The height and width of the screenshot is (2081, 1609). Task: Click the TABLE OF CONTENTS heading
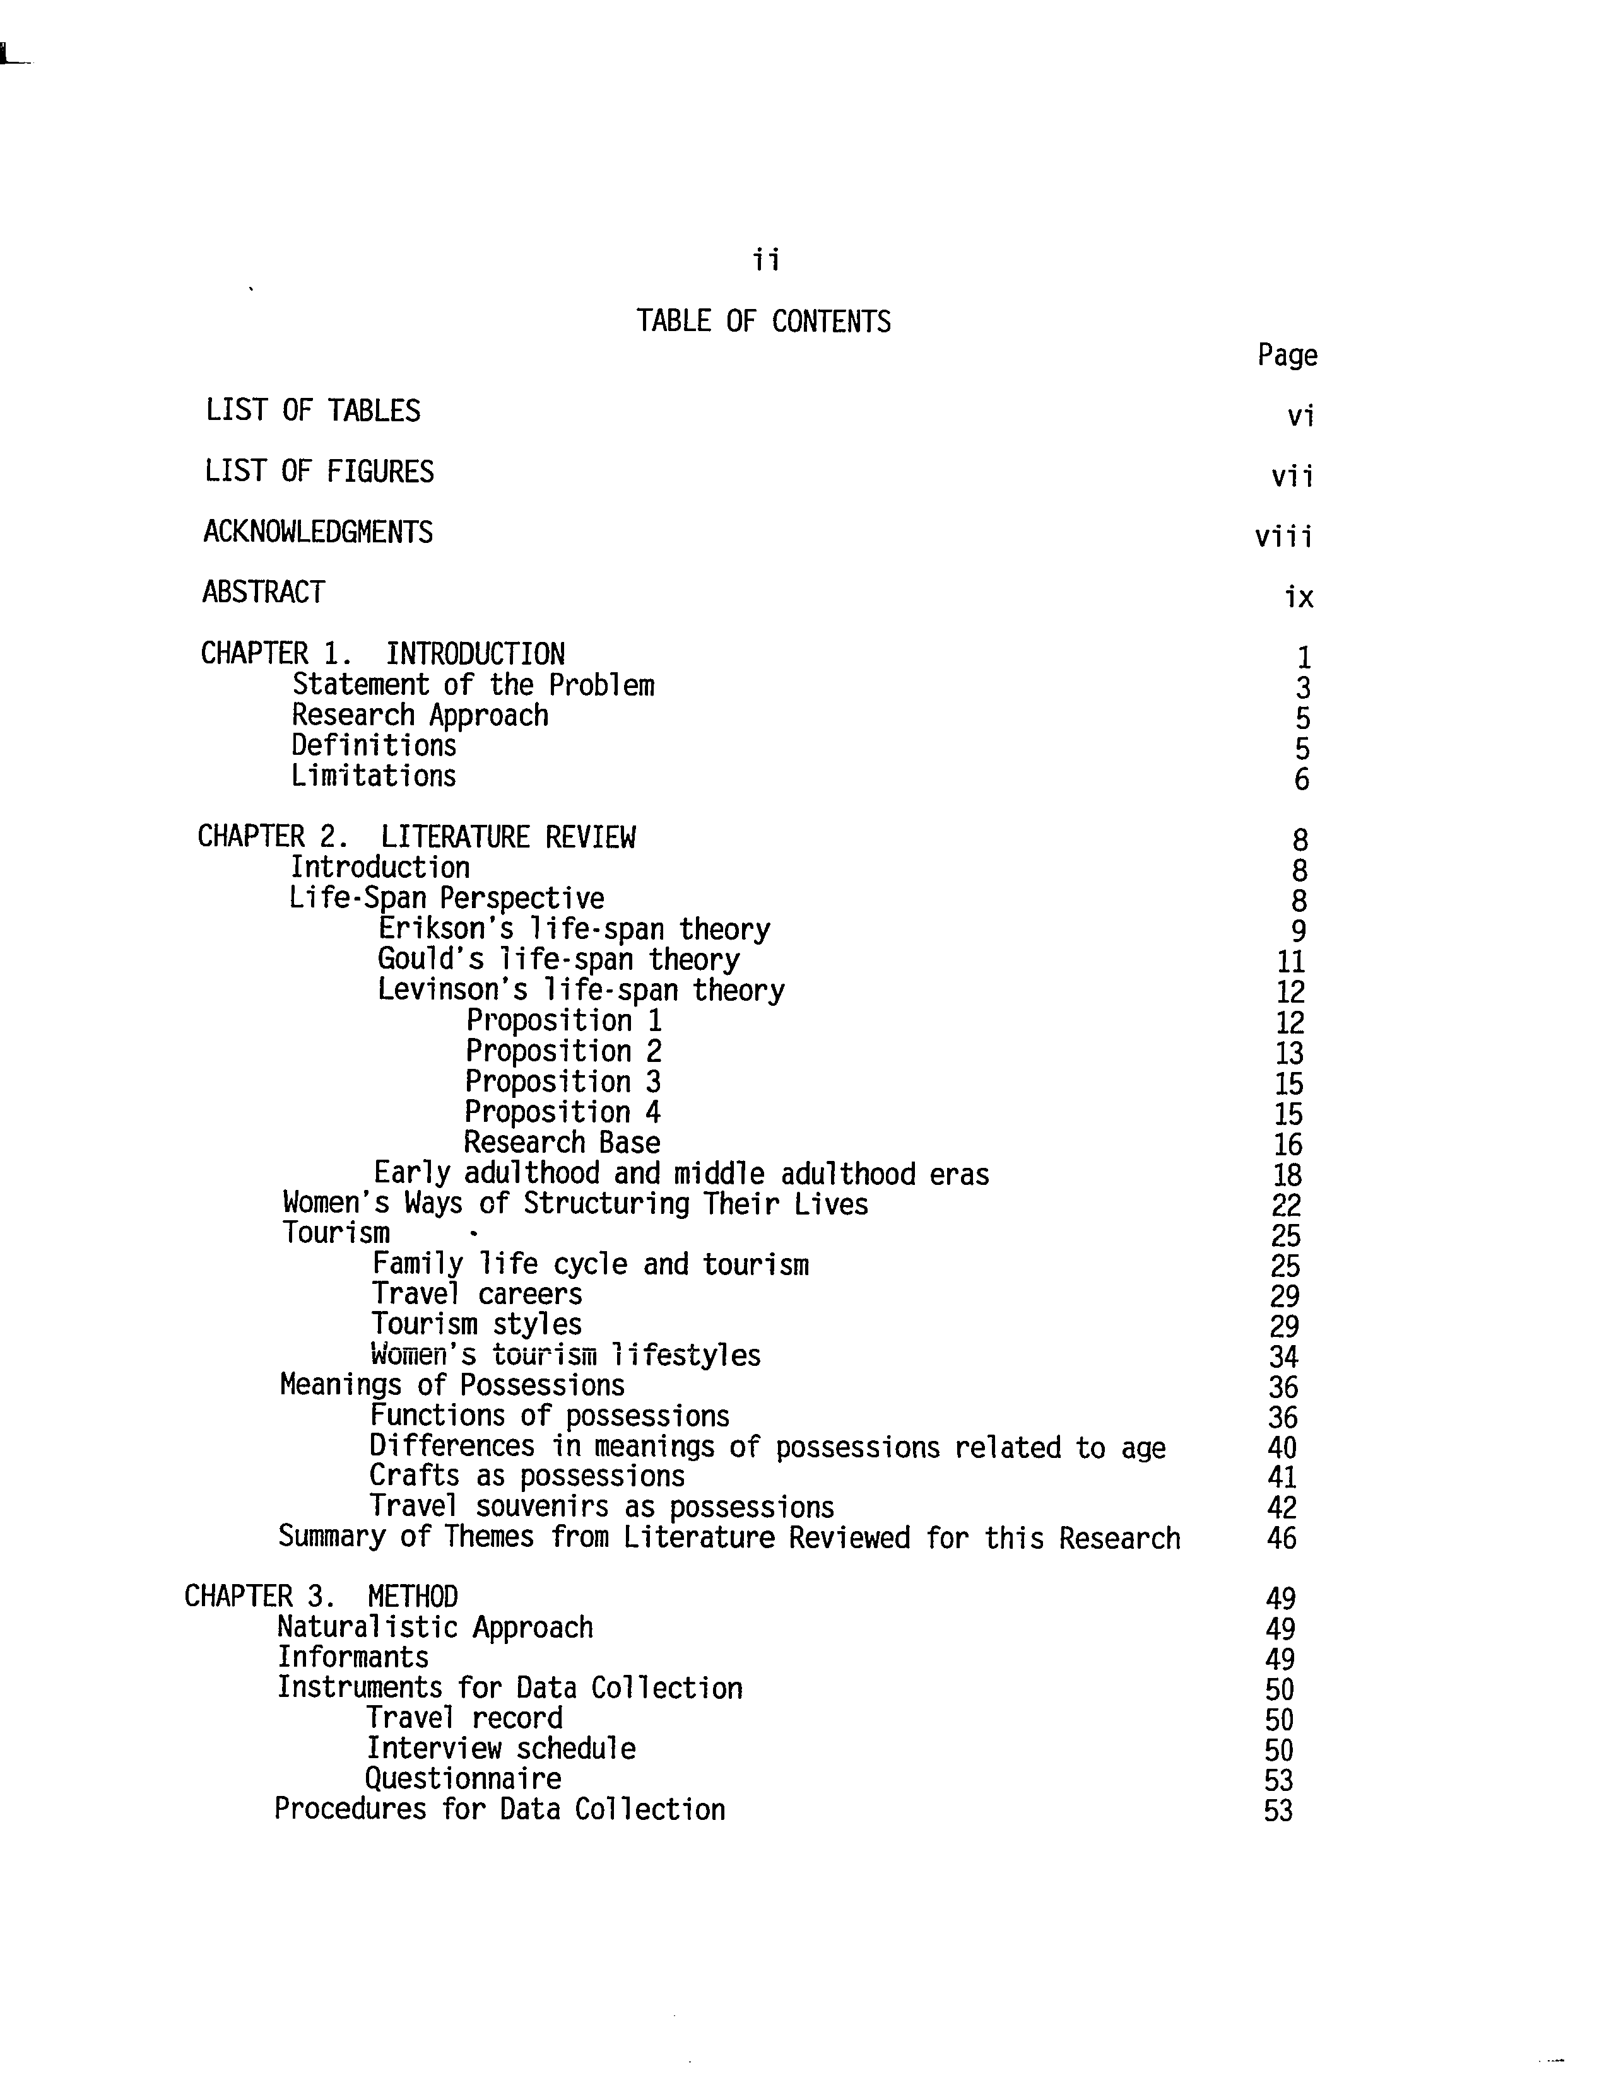pyautogui.click(x=763, y=322)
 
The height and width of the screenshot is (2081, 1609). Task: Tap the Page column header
pyautogui.click(x=1287, y=356)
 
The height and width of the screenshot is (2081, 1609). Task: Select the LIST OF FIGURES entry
pyautogui.click(x=319, y=472)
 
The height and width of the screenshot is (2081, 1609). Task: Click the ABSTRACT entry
pyautogui.click(x=263, y=593)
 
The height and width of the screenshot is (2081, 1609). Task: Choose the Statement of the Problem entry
pyautogui.click(x=473, y=685)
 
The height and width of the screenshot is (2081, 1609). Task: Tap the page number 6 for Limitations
pyautogui.click(x=1301, y=781)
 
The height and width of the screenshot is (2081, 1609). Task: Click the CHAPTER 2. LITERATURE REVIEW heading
pyautogui.click(x=416, y=837)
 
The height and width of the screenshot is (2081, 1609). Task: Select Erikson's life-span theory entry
pyautogui.click(x=574, y=929)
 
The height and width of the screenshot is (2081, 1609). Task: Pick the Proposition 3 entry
pyautogui.click(x=562, y=1082)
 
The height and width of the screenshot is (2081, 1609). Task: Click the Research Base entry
pyautogui.click(x=562, y=1143)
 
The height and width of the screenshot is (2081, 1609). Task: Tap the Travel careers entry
pyautogui.click(x=476, y=1294)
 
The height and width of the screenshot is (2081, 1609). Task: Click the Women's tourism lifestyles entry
pyautogui.click(x=565, y=1355)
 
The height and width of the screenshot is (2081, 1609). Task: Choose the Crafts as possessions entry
pyautogui.click(x=527, y=1477)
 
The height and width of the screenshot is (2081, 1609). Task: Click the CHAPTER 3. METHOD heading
pyautogui.click(x=321, y=1597)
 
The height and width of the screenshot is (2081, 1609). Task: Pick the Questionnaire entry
pyautogui.click(x=463, y=1779)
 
